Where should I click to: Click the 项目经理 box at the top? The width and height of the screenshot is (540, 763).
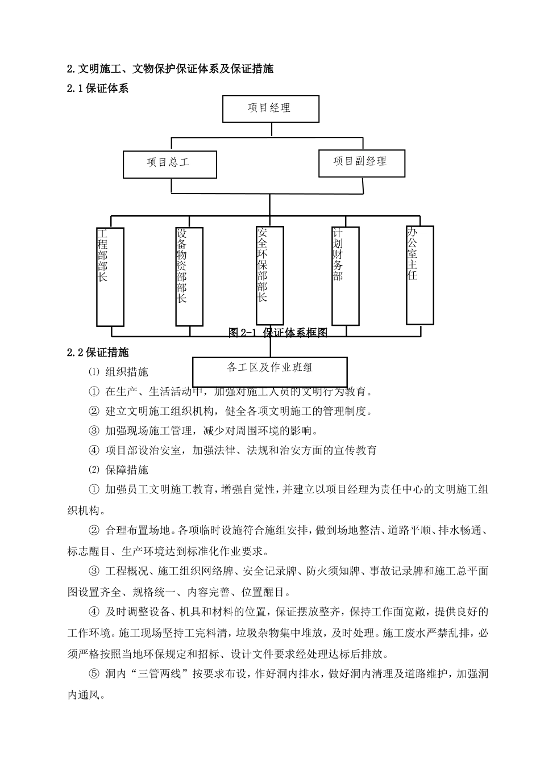pyautogui.click(x=270, y=108)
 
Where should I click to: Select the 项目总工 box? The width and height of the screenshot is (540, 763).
pyautogui.click(x=169, y=163)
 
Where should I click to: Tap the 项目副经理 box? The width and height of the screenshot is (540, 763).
pyautogui.click(x=360, y=162)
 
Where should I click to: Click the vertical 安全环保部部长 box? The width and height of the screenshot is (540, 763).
pyautogui.click(x=269, y=275)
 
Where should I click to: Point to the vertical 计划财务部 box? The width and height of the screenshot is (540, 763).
pyautogui.click(x=345, y=275)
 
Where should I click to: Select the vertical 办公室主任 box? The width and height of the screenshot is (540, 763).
pyautogui.click(x=419, y=274)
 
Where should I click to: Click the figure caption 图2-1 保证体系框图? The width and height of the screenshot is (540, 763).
pyautogui.click(x=278, y=333)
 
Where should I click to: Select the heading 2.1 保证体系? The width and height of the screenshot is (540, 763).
pyautogui.click(x=98, y=89)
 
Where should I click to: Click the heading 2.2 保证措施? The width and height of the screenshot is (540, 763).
pyautogui.click(x=98, y=353)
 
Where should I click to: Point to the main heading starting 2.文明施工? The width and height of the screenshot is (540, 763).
pyautogui.click(x=170, y=69)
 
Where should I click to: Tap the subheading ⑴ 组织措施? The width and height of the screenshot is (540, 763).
pyautogui.click(x=119, y=372)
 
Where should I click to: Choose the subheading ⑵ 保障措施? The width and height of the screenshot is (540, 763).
pyautogui.click(x=119, y=470)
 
